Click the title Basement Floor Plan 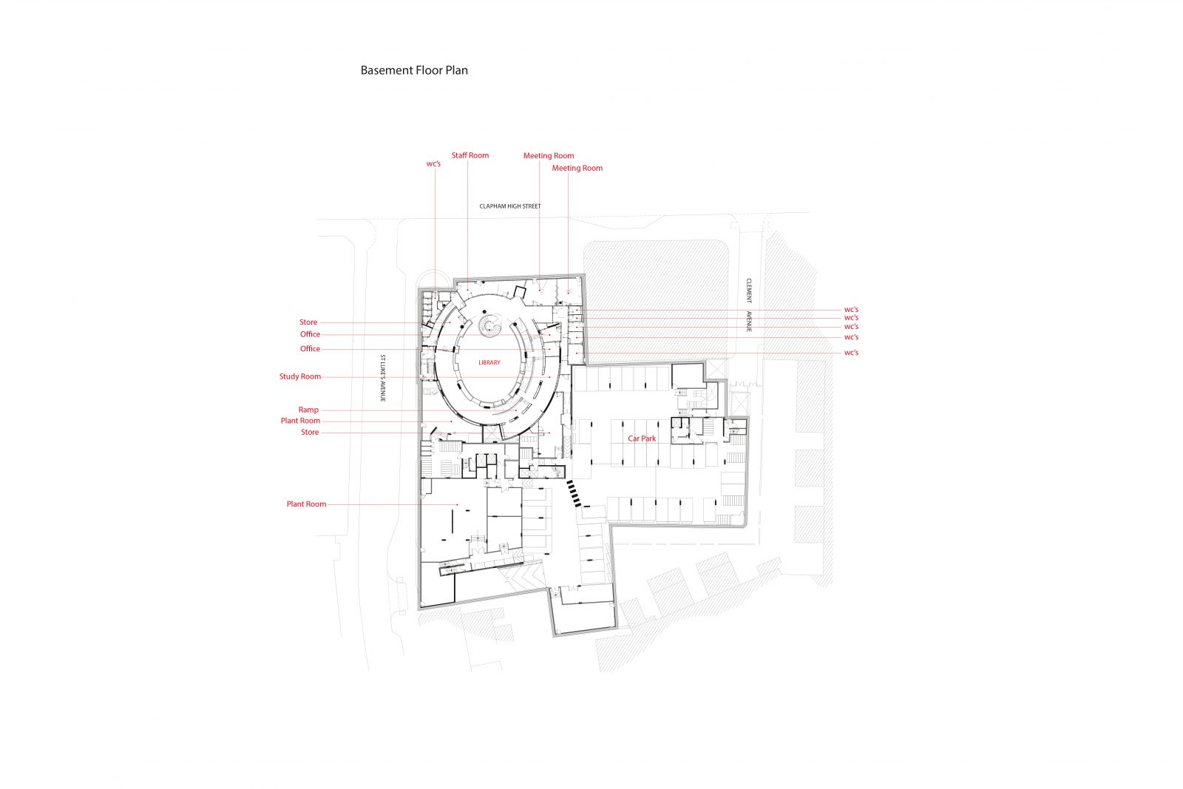[x=414, y=71]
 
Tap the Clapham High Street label [x=509, y=206]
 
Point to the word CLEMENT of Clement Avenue [x=748, y=291]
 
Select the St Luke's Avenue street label [x=383, y=378]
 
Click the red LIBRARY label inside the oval [x=489, y=362]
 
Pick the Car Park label [x=642, y=438]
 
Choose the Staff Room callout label [x=470, y=155]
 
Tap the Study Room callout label [x=300, y=376]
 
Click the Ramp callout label [x=308, y=410]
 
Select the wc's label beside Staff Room [x=433, y=163]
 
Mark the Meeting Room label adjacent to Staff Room [x=549, y=155]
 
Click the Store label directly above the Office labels [x=308, y=322]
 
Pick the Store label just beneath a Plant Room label [x=310, y=432]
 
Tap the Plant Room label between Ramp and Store [x=300, y=421]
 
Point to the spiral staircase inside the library [x=492, y=325]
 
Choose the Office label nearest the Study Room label [x=310, y=349]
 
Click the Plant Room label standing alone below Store [x=306, y=504]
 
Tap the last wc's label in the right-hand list [x=851, y=353]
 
